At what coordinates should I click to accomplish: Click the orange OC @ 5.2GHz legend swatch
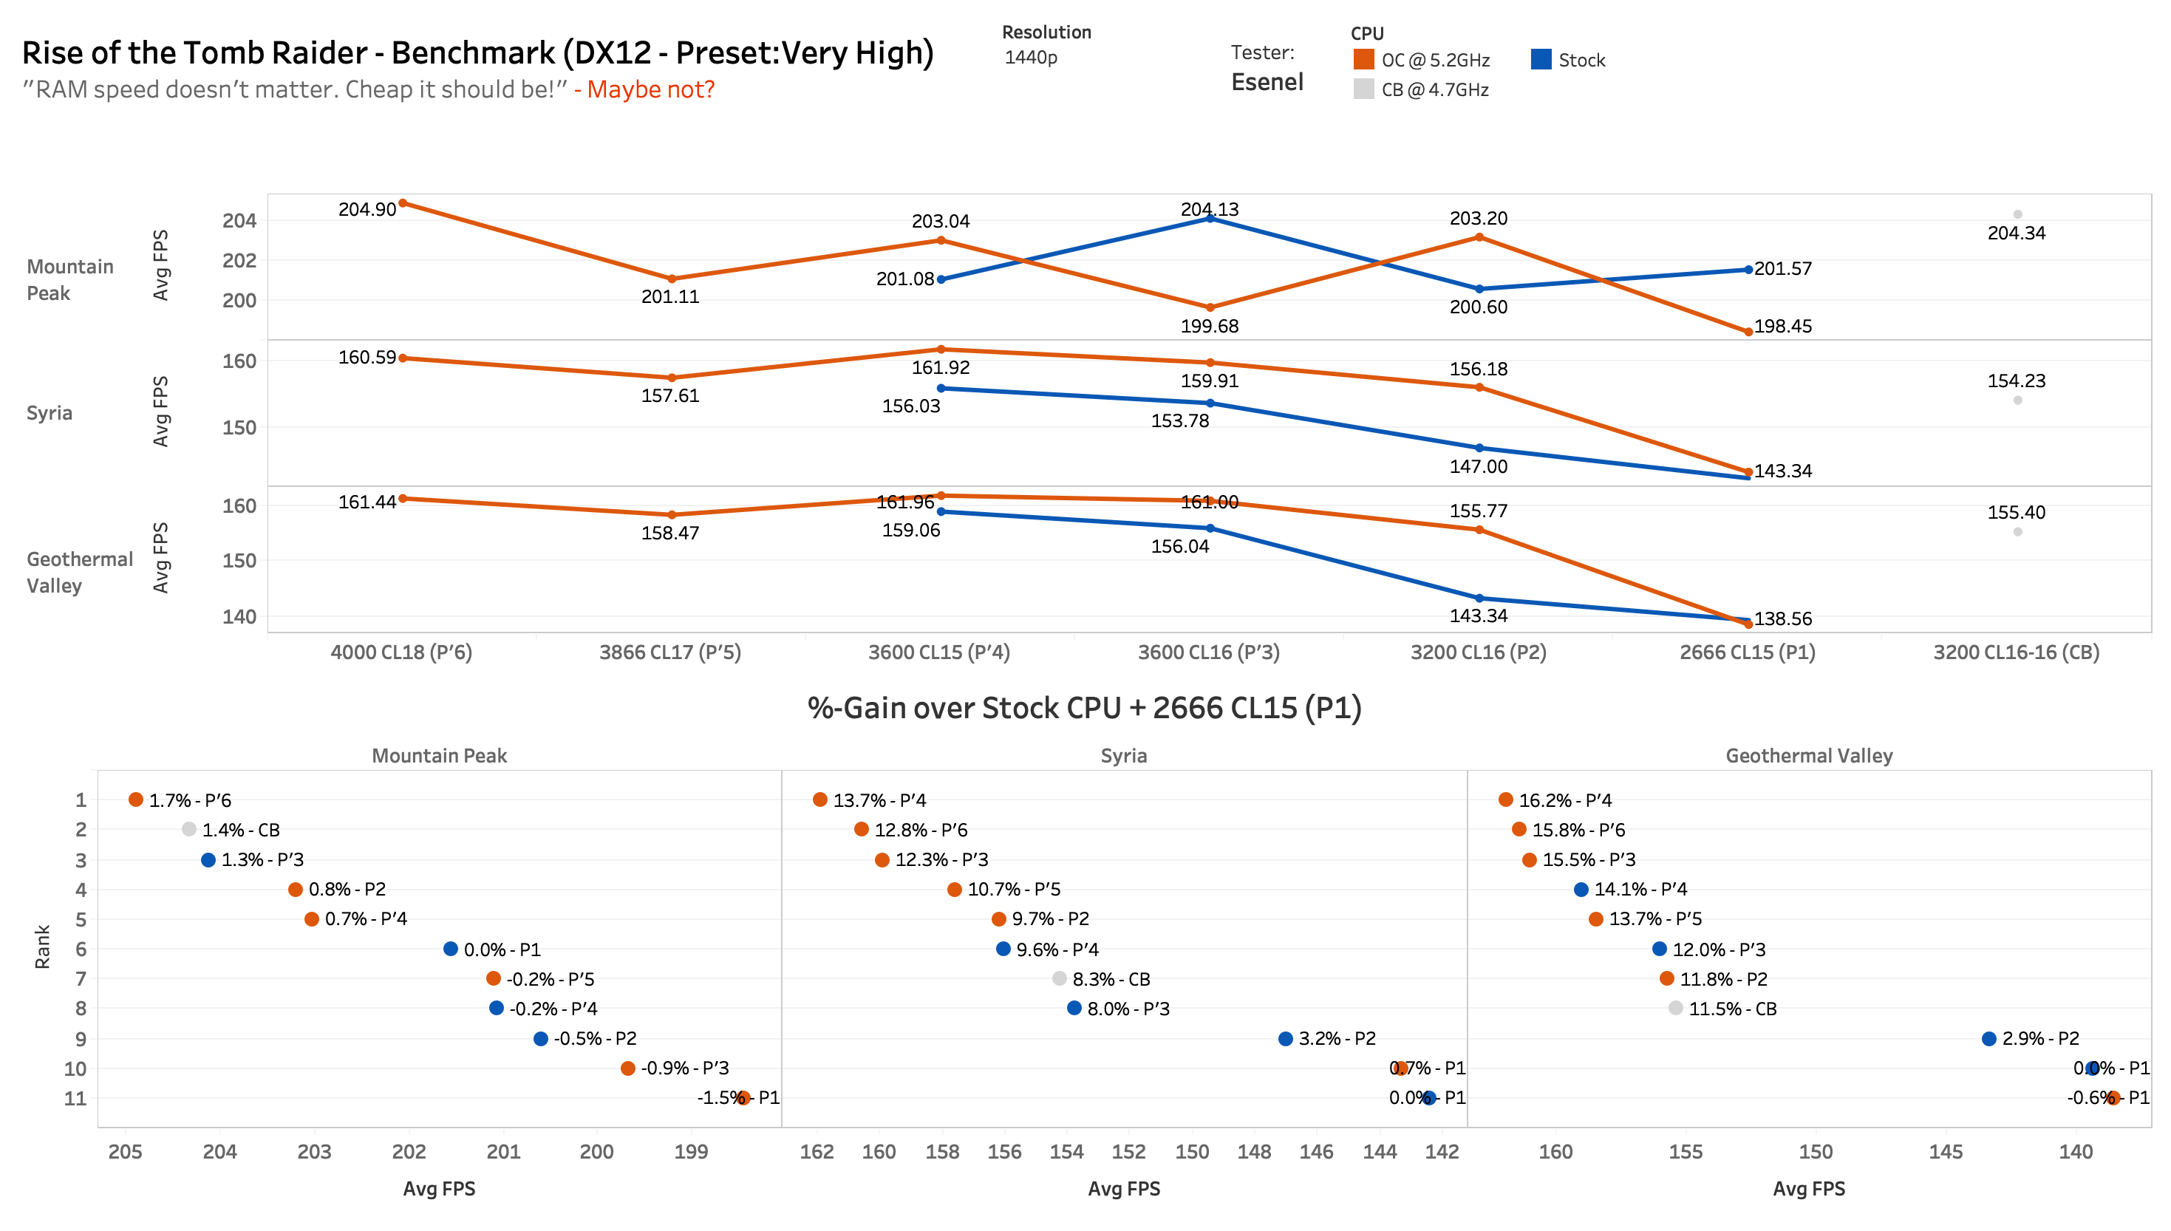pyautogui.click(x=1363, y=59)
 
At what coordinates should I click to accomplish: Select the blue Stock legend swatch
pyautogui.click(x=1541, y=59)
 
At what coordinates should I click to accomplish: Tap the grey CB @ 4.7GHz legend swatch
pyautogui.click(x=1363, y=89)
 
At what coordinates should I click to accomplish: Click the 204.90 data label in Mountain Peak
pyautogui.click(x=367, y=209)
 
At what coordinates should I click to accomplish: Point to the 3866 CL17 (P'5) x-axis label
pyautogui.click(x=669, y=652)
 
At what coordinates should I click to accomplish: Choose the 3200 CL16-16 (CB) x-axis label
pyautogui.click(x=2017, y=652)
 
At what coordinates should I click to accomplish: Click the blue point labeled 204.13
pyautogui.click(x=1210, y=218)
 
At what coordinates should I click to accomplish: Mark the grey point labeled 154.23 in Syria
pyautogui.click(x=2017, y=400)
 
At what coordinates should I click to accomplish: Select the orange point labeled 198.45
pyautogui.click(x=1748, y=332)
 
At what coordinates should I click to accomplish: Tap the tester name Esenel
pyautogui.click(x=1267, y=82)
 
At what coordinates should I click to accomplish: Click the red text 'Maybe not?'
pyautogui.click(x=650, y=89)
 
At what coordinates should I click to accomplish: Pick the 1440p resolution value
pyautogui.click(x=1031, y=58)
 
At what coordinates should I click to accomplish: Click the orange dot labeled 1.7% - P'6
pyautogui.click(x=135, y=799)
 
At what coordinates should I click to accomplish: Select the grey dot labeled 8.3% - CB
pyautogui.click(x=1060, y=978)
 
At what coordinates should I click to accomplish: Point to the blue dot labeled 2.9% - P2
pyautogui.click(x=1989, y=1038)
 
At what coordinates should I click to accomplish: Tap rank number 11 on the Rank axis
pyautogui.click(x=75, y=1098)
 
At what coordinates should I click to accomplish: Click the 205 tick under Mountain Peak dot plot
pyautogui.click(x=125, y=1151)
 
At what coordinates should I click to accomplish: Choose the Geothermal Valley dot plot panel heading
pyautogui.click(x=1808, y=756)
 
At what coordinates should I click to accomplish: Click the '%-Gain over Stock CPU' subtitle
pyautogui.click(x=1084, y=708)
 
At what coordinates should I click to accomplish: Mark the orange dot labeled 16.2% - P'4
pyautogui.click(x=1506, y=799)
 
